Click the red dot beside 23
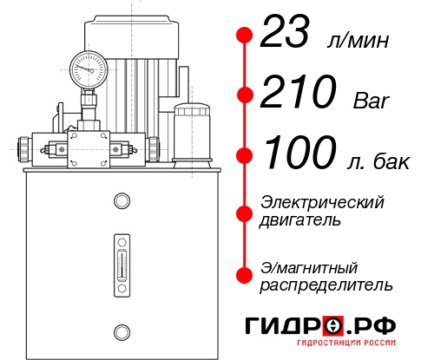coord(244,36)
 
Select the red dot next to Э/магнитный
coord(244,274)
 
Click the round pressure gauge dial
coord(88,67)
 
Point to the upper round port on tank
coord(121,201)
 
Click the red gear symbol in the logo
coord(333,325)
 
